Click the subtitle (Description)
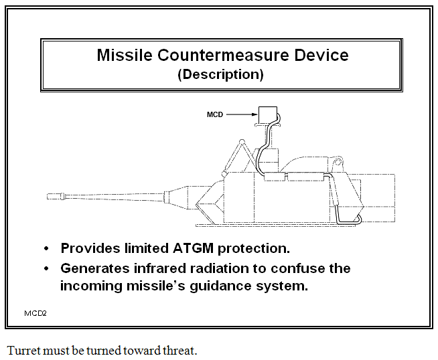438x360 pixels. [x=220, y=74]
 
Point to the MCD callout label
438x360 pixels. [x=215, y=115]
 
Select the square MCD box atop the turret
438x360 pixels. [x=269, y=114]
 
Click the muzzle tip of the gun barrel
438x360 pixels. [x=49, y=197]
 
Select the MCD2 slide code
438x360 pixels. [x=35, y=312]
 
